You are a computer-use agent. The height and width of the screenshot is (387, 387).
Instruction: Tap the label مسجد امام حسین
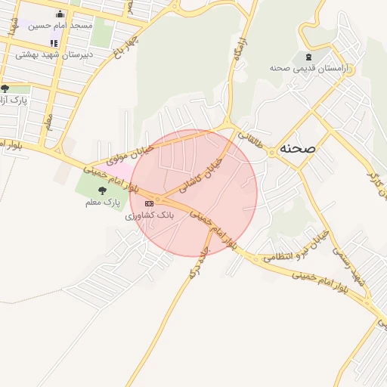[x=60, y=26]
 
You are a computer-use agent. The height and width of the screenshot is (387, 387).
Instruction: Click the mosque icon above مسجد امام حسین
[x=60, y=14]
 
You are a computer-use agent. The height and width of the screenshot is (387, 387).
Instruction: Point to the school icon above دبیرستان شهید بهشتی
[x=53, y=43]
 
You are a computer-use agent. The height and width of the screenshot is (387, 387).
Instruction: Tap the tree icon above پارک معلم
[x=103, y=190]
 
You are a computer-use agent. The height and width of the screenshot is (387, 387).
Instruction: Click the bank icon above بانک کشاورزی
[x=149, y=203]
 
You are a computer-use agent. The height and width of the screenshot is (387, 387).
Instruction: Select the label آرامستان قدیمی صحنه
[x=307, y=68]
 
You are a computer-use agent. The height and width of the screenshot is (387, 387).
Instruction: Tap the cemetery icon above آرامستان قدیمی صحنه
[x=307, y=57]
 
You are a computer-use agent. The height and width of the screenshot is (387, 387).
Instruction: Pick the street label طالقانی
[x=252, y=142]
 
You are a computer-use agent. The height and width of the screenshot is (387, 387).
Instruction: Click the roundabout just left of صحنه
[x=270, y=152]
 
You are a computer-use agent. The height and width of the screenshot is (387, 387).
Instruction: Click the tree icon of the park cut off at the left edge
[x=6, y=88]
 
